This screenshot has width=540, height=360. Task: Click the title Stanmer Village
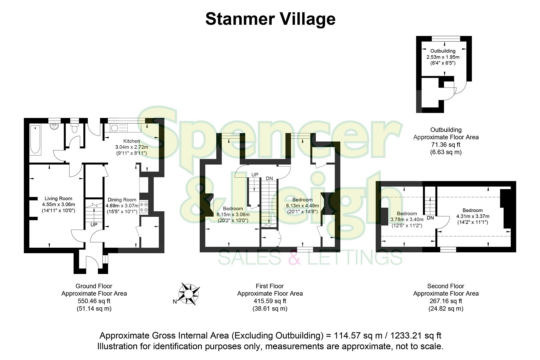tap(270, 19)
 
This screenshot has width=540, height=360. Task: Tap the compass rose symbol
tap(189, 294)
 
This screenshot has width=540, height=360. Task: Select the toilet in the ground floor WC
tap(74, 128)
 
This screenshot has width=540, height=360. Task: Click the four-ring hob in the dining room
tap(144, 207)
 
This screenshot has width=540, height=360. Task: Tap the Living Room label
tap(58, 198)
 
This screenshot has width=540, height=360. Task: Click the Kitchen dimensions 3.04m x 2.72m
tap(132, 147)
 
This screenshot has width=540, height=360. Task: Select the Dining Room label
tap(121, 200)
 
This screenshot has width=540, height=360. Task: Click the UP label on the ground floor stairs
tap(94, 225)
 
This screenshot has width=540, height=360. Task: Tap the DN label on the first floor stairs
tap(269, 179)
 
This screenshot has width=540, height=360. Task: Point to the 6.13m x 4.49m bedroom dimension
tap(302, 206)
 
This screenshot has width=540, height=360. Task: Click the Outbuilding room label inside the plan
tap(443, 51)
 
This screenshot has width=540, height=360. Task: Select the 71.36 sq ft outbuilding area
tap(446, 145)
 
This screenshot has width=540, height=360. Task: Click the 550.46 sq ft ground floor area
tap(94, 301)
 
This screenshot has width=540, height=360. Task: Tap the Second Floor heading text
tap(446, 286)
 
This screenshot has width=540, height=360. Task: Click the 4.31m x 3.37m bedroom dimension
tap(472, 216)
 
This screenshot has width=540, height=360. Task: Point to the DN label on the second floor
tap(430, 218)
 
